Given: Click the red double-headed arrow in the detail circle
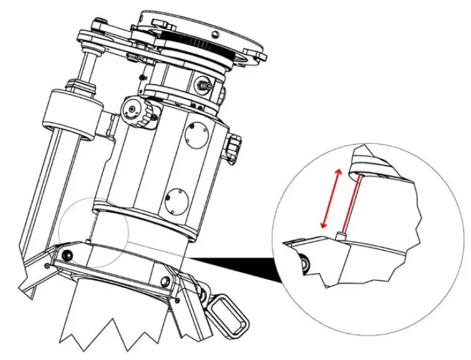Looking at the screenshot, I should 328,198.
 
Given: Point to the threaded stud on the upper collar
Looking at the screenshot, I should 202,85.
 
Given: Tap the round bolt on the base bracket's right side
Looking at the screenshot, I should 163,281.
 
